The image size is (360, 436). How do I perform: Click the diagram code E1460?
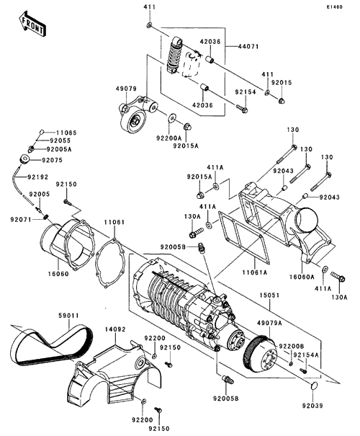335,7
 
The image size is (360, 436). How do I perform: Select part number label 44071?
248,47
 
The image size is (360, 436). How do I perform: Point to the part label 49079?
126,89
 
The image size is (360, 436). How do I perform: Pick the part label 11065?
66,133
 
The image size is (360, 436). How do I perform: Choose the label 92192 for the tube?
37,177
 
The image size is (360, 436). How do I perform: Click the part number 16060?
58,274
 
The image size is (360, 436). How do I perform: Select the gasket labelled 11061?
109,259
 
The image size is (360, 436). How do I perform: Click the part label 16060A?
302,277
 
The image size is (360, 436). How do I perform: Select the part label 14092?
115,329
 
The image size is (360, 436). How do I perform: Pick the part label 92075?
52,160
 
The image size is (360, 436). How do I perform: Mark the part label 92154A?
305,355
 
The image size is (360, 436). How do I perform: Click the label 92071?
21,219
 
